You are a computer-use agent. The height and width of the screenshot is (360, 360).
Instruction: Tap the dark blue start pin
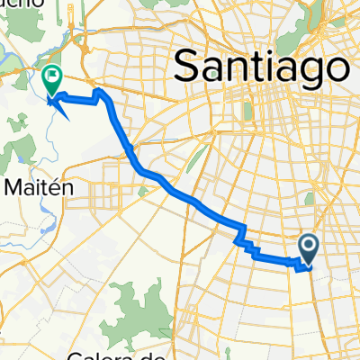tap(308, 249)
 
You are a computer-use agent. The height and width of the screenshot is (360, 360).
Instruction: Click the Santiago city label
tap(261, 65)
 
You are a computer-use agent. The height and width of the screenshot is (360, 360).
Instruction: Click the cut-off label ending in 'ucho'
tap(22, 4)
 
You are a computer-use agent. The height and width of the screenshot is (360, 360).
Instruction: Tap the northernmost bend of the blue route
tap(99, 91)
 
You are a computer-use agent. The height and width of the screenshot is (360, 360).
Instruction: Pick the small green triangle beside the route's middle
tap(146, 190)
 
